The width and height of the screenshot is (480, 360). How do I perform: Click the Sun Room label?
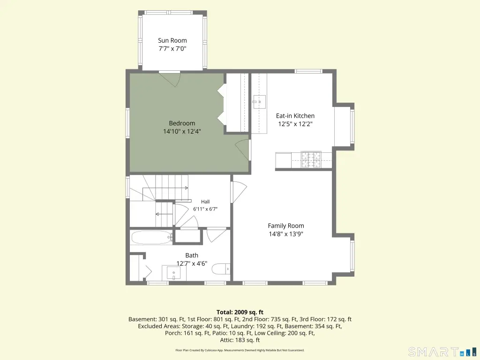tap(172, 40)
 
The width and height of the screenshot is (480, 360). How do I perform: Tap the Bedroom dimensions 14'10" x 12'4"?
tap(182, 132)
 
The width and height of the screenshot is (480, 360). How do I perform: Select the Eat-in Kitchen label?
tap(295, 116)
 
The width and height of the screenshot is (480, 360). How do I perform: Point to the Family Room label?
tap(286, 226)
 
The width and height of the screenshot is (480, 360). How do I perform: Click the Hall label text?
tap(205, 202)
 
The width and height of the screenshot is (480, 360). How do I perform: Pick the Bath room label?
tap(192, 255)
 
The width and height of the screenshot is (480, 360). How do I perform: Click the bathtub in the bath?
tap(151, 237)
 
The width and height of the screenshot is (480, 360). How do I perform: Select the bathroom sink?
tap(173, 273)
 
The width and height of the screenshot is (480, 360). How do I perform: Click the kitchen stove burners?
tap(311, 159)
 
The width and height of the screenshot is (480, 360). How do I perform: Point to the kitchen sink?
tap(259, 102)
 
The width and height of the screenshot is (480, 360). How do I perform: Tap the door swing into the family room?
tap(240, 192)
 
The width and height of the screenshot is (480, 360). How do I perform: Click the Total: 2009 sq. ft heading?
tap(240, 312)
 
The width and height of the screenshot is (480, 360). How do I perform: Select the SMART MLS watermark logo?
tap(443, 352)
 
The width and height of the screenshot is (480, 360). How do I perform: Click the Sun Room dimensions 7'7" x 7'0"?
tap(172, 49)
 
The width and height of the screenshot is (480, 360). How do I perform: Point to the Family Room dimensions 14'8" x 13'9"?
tap(286, 234)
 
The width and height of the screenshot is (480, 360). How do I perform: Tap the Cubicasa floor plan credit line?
tap(240, 350)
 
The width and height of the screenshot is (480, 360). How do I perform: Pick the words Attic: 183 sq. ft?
tap(240, 340)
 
